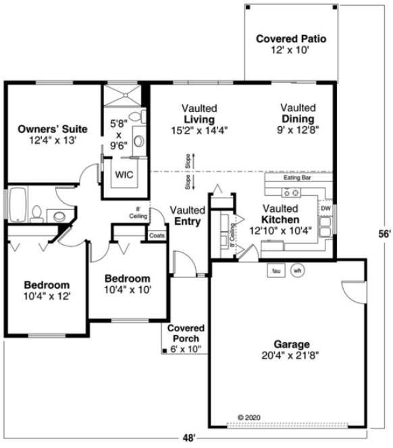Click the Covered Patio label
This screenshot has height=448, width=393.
click(291, 39)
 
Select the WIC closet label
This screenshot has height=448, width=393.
click(124, 174)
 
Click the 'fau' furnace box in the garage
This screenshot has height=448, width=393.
click(276, 271)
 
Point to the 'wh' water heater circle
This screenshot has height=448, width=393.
click(297, 271)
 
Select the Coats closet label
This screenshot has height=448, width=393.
click(157, 235)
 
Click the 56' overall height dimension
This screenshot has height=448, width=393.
click(384, 234)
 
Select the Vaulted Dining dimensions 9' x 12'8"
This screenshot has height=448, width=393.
click(298, 130)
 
